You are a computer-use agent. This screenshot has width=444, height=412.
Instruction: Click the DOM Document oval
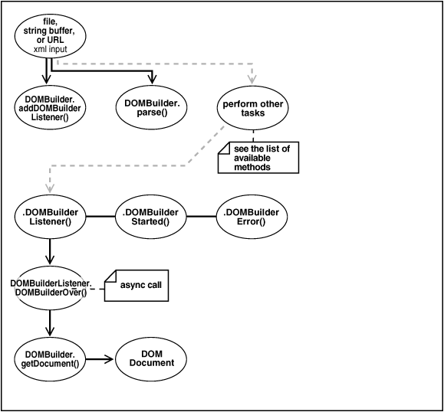(151, 358)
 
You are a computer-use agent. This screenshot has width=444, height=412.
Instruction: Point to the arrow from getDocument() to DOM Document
(100, 358)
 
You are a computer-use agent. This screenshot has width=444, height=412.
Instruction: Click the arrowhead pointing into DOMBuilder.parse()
(152, 83)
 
